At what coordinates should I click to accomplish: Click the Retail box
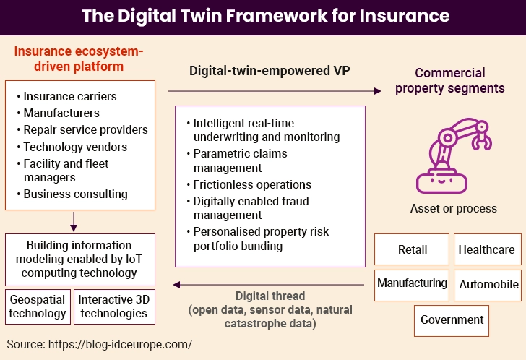[412, 250]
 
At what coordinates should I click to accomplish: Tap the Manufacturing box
[412, 284]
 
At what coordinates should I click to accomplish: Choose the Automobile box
[489, 284]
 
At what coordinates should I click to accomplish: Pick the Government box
[452, 320]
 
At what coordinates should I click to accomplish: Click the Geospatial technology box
[38, 307]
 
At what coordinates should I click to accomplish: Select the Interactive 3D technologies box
[113, 307]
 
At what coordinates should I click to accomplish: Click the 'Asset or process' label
[453, 208]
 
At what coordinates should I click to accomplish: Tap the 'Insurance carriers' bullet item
[69, 96]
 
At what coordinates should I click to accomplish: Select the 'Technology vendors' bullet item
[74, 147]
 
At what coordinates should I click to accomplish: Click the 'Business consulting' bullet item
[75, 194]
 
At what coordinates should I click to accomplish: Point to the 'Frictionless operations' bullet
[252, 184]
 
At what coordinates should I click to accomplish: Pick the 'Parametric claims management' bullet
[240, 160]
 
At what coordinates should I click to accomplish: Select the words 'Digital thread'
[270, 296]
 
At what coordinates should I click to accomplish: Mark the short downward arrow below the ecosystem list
[75, 219]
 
